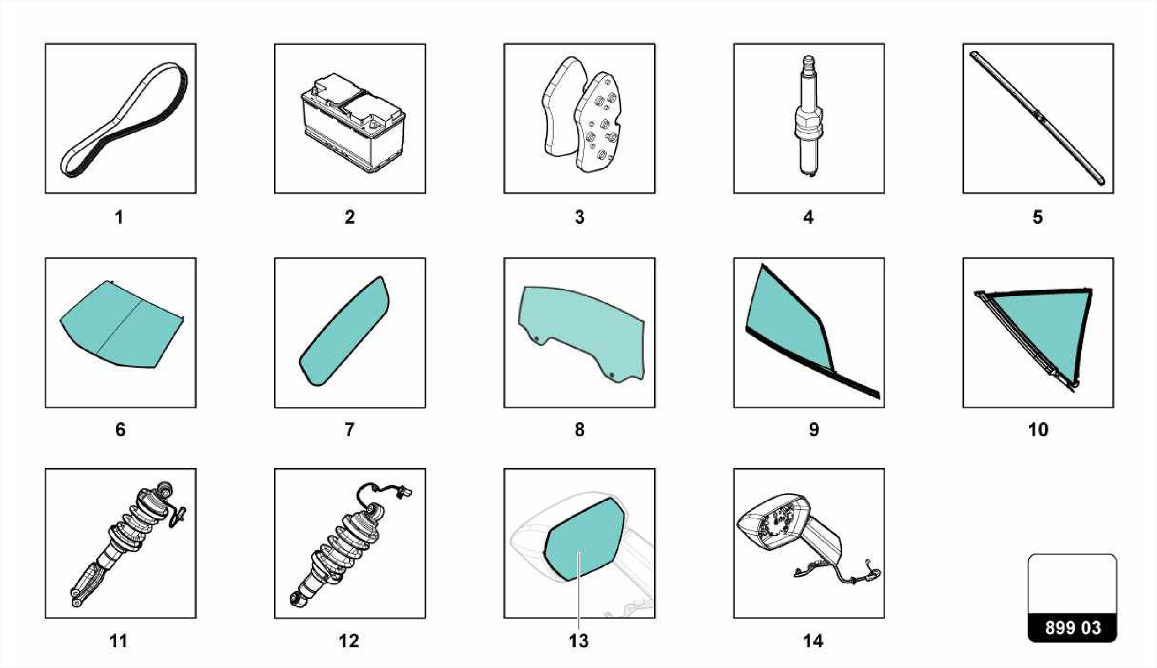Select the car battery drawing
tap(353, 123)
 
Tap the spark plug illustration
tap(809, 119)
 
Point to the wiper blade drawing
tap(1037, 118)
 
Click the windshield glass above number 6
tap(121, 324)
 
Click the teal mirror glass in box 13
tap(584, 539)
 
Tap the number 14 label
tap(814, 641)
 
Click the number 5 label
tap(1038, 217)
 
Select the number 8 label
tap(580, 430)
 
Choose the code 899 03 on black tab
tap(1073, 628)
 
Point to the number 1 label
tap(119, 217)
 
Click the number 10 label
tap(1038, 430)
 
